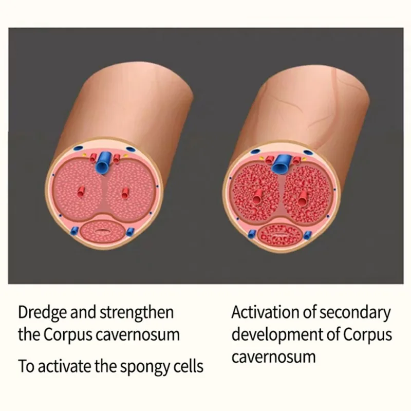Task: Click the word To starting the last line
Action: [25, 367]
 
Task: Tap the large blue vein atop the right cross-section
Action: [281, 164]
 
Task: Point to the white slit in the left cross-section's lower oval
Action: [103, 230]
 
